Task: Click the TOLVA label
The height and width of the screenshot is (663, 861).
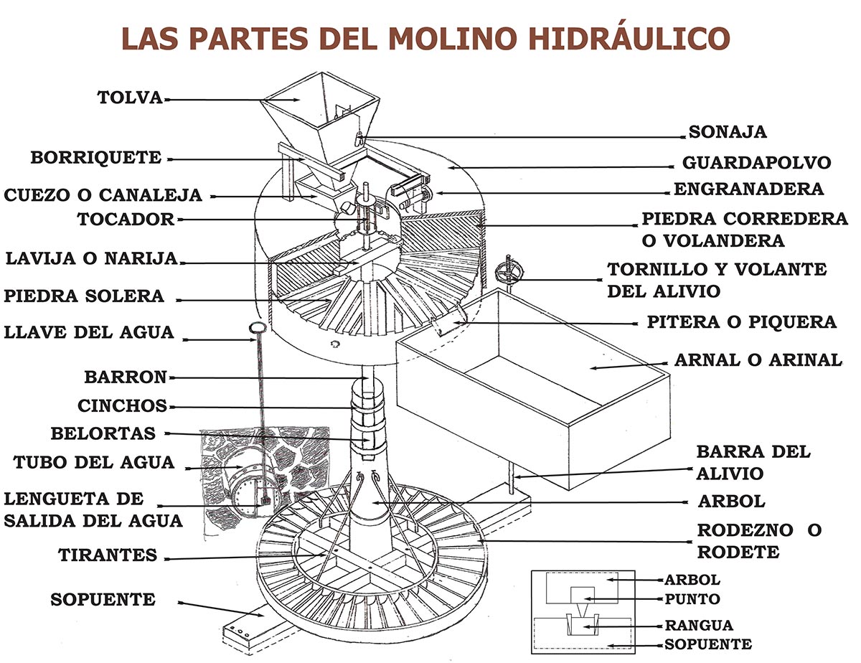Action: (x=130, y=98)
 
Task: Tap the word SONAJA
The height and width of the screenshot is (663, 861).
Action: (x=728, y=132)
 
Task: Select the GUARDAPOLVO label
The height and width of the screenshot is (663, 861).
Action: (x=756, y=162)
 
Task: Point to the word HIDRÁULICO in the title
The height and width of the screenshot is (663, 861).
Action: (x=629, y=39)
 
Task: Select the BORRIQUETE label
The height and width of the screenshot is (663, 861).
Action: (x=96, y=158)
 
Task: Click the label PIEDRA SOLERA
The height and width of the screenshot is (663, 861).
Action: (x=84, y=296)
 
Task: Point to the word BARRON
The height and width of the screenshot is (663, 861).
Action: (x=126, y=377)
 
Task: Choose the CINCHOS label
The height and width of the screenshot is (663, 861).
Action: (x=123, y=405)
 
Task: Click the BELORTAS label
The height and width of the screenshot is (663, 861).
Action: (x=103, y=433)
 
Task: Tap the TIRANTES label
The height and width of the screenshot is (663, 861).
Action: (x=108, y=555)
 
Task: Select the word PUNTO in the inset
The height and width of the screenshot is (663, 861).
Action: (x=692, y=599)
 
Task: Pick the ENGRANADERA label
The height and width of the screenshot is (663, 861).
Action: (x=749, y=189)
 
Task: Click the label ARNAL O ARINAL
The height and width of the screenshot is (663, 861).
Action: (x=758, y=360)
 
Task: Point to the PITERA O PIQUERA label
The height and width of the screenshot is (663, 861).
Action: (x=742, y=322)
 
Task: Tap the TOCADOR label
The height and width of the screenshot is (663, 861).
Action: (x=126, y=219)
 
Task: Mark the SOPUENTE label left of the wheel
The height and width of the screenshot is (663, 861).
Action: (x=103, y=600)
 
